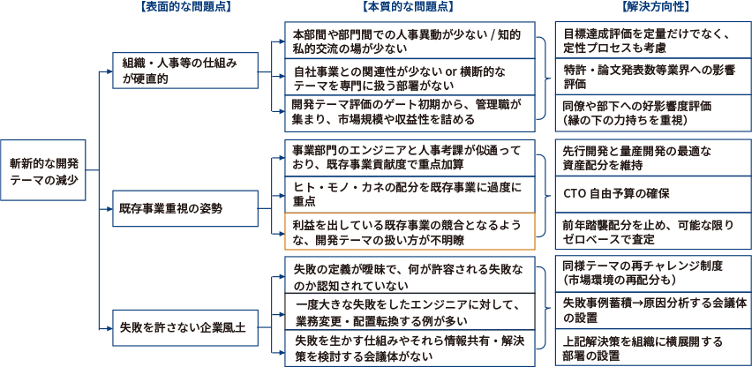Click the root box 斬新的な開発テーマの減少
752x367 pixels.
(x=46, y=170)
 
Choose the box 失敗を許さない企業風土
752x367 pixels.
(x=188, y=326)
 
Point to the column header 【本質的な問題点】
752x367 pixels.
(x=409, y=8)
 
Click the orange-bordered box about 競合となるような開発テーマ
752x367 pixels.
(x=410, y=231)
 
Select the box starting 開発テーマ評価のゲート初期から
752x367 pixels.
(x=410, y=113)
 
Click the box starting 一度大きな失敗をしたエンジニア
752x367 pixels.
(x=410, y=311)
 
